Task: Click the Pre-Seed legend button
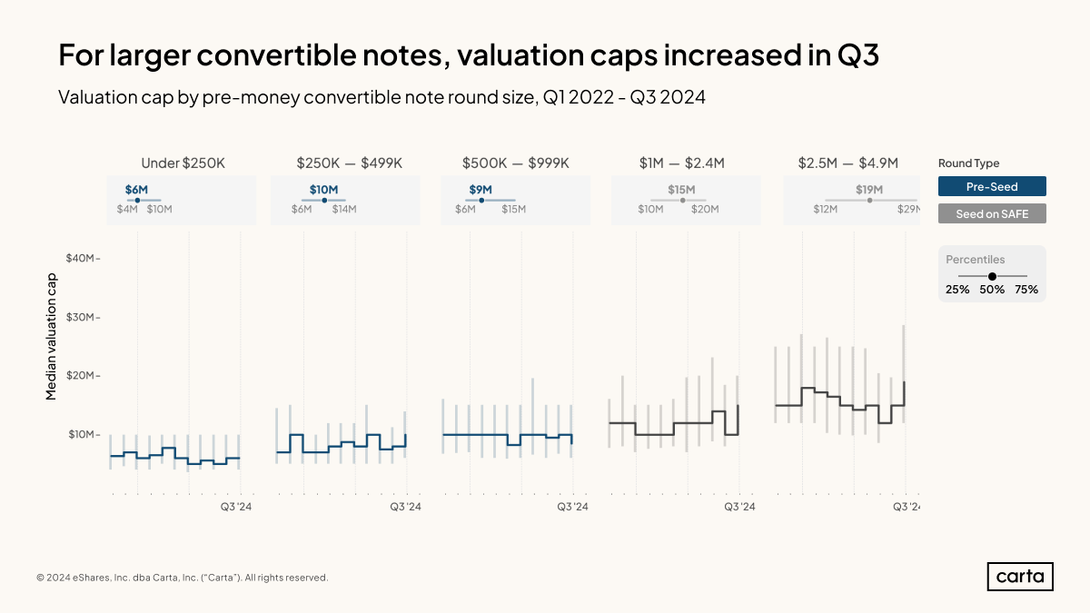click(x=992, y=186)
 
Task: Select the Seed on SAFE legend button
click(x=992, y=213)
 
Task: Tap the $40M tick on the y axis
click(x=82, y=258)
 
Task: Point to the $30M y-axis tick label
click(x=82, y=317)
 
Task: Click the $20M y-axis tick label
click(x=82, y=376)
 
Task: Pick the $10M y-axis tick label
click(x=82, y=434)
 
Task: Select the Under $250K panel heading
click(x=183, y=163)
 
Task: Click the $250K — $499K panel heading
click(x=349, y=163)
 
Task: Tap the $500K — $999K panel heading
click(x=515, y=163)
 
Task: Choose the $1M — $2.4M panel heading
click(x=681, y=163)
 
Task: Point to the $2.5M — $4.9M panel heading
click(x=847, y=163)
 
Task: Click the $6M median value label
click(x=136, y=189)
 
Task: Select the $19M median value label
click(x=869, y=189)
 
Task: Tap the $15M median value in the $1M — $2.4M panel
click(x=681, y=189)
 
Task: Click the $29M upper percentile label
click(x=908, y=209)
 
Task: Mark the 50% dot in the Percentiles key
click(x=992, y=275)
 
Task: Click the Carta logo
click(x=1020, y=577)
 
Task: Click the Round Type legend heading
click(x=968, y=163)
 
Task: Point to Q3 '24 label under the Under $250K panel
click(x=236, y=507)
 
